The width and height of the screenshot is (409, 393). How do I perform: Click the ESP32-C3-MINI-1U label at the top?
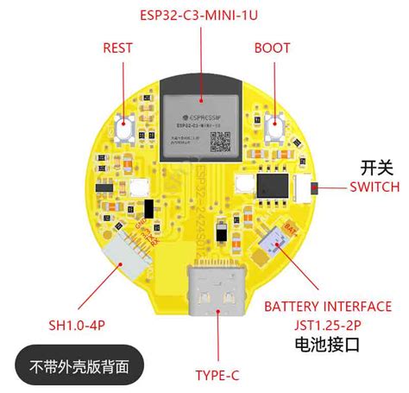click(x=201, y=15)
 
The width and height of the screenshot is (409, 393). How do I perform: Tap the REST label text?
click(x=117, y=48)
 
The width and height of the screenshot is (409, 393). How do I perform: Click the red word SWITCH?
click(x=374, y=187)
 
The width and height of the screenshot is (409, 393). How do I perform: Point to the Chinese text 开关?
click(x=375, y=167)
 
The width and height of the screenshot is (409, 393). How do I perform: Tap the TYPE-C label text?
click(x=217, y=375)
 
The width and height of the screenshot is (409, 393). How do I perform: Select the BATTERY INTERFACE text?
click(x=328, y=307)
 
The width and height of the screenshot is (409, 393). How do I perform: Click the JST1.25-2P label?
click(x=328, y=326)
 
